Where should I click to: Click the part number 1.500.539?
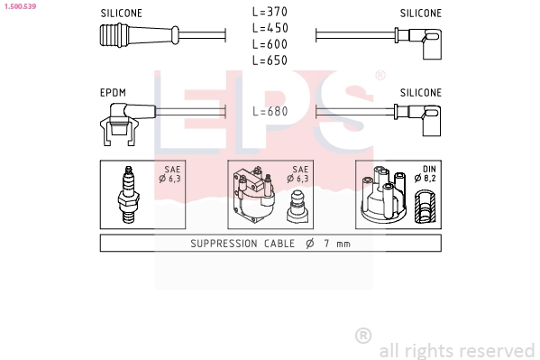pyautogui.click(x=21, y=6)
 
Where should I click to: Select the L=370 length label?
pyautogui.click(x=270, y=12)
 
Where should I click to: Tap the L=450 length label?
pyautogui.click(x=270, y=28)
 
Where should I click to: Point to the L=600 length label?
pyautogui.click(x=270, y=44)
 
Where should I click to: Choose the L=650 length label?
pyautogui.click(x=270, y=60)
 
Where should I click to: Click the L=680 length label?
pyautogui.click(x=270, y=111)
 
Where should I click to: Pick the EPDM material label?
pyautogui.click(x=113, y=93)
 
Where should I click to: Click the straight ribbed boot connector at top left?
pyautogui.click(x=140, y=35)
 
